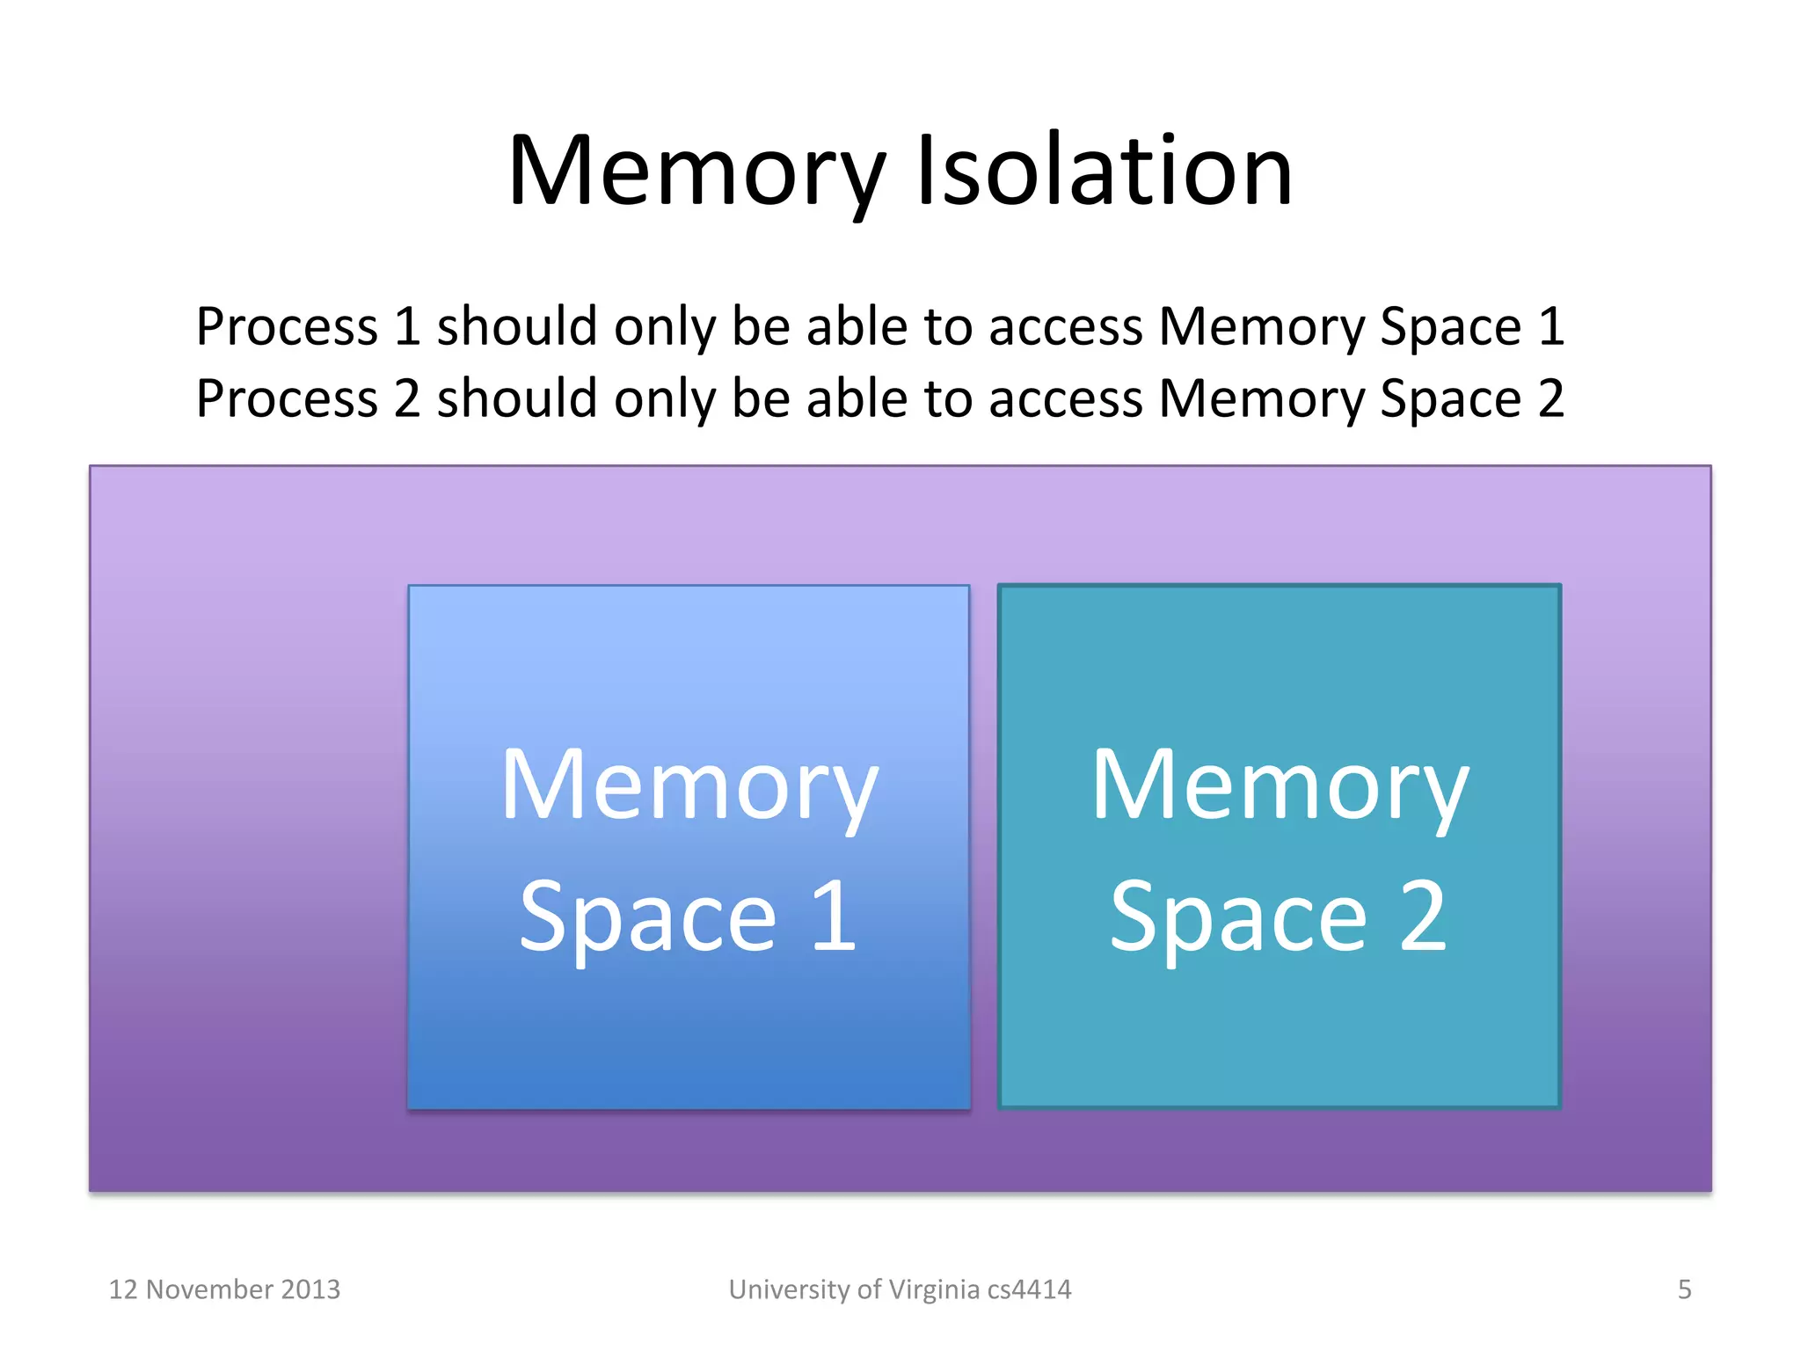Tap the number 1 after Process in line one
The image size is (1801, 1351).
pos(407,327)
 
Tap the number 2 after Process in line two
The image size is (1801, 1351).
pos(407,399)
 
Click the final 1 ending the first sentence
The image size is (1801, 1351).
pos(1551,327)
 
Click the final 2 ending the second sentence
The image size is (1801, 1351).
pos(1551,399)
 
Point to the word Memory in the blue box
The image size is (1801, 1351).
pos(689,785)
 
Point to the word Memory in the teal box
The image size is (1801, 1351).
pos(1280,785)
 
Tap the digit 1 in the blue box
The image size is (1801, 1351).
pos(834,917)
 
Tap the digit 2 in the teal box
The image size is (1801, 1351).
pos(1423,917)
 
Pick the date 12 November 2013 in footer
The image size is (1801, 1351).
pos(224,1289)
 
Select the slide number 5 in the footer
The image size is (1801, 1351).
pos(1684,1289)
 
